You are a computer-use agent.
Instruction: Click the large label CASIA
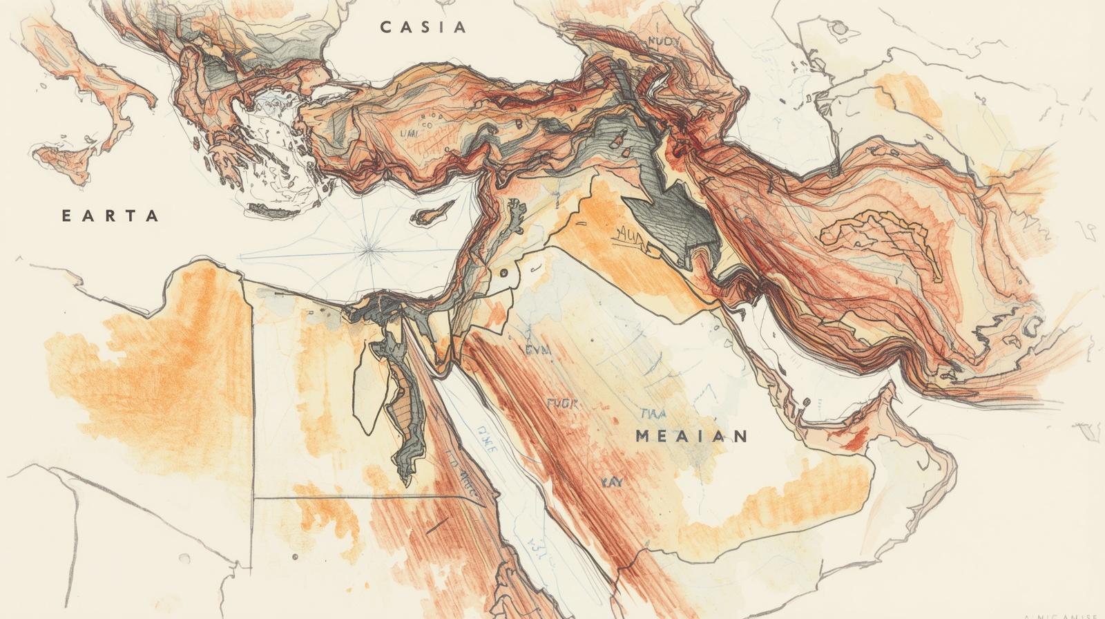pos(423,28)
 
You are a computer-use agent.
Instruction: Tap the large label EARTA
pos(110,216)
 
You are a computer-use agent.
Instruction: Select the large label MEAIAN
pos(691,436)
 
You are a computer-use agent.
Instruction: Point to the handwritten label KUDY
pos(664,41)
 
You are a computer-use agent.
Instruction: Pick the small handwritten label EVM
pos(538,350)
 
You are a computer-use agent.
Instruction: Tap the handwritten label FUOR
pos(562,403)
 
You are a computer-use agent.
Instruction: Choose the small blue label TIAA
pos(652,414)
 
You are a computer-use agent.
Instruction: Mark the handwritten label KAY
pos(611,482)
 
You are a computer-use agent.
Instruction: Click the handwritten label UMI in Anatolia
pos(408,133)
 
